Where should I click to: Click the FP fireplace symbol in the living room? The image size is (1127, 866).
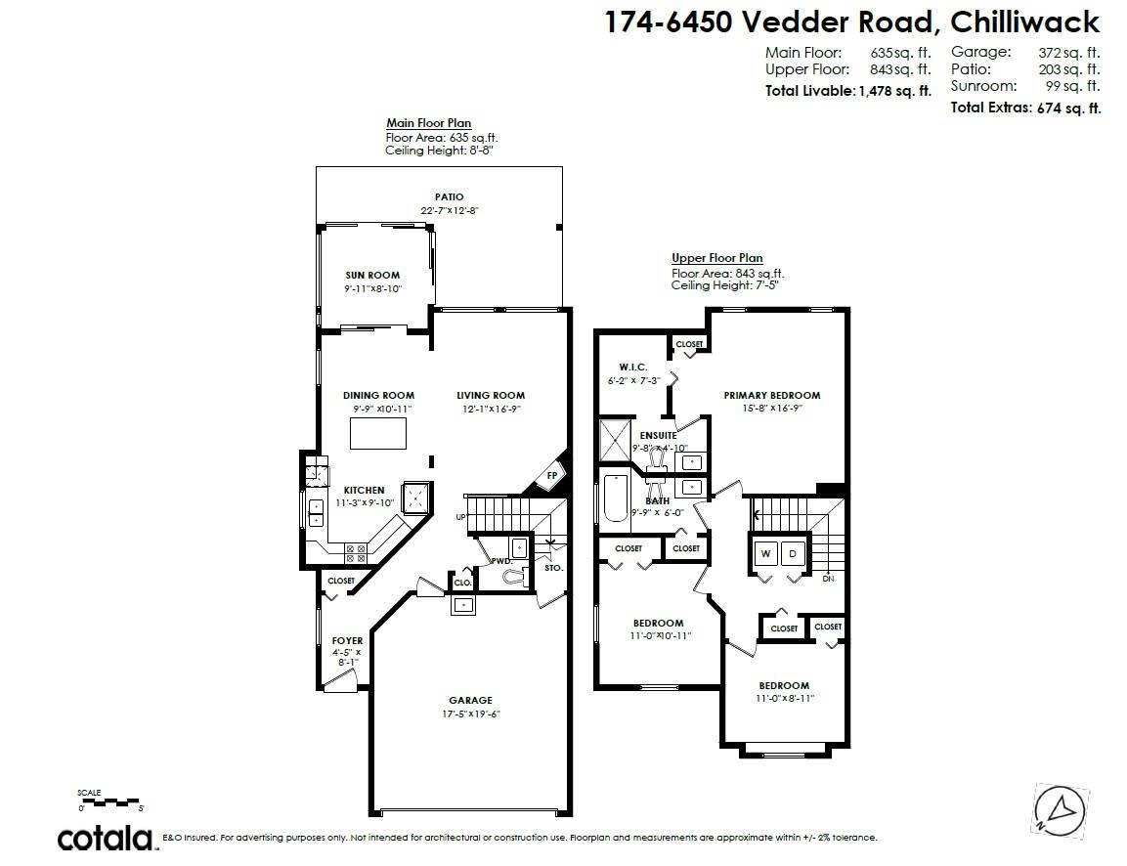[x=550, y=476]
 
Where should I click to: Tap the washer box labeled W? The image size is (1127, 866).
[x=766, y=554]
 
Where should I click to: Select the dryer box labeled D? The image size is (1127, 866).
[x=794, y=554]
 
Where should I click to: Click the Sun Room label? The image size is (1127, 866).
[x=372, y=276]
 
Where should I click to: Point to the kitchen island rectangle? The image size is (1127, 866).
[x=377, y=432]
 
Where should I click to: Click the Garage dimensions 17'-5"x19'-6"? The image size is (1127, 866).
[x=470, y=714]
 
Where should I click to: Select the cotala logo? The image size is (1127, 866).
[x=106, y=838]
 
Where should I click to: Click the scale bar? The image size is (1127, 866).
[x=110, y=801]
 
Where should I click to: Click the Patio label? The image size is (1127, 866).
[x=450, y=197]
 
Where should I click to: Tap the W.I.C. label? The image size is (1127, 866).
[x=633, y=367]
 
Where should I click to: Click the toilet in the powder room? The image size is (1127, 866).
[x=509, y=577]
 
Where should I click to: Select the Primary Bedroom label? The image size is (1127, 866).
[x=771, y=396]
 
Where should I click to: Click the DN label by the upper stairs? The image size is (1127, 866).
[x=828, y=579]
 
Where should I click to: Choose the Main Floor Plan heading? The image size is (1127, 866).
[x=428, y=123]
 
